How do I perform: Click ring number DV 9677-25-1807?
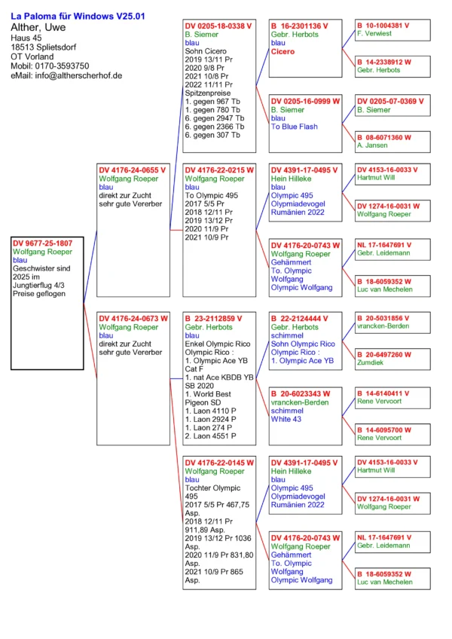coord(43,243)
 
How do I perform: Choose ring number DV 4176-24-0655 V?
coord(133,170)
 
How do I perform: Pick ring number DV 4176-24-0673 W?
coord(133,318)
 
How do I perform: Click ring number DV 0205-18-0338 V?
coord(218,26)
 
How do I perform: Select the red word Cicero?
coord(282,51)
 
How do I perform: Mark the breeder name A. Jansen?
coord(373,146)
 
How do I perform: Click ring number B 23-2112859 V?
coord(215,318)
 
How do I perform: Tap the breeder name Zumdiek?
coord(371,362)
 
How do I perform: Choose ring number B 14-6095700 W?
coord(383,430)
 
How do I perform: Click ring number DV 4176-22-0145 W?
coord(219,462)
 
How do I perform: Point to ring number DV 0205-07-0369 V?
coord(390,101)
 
